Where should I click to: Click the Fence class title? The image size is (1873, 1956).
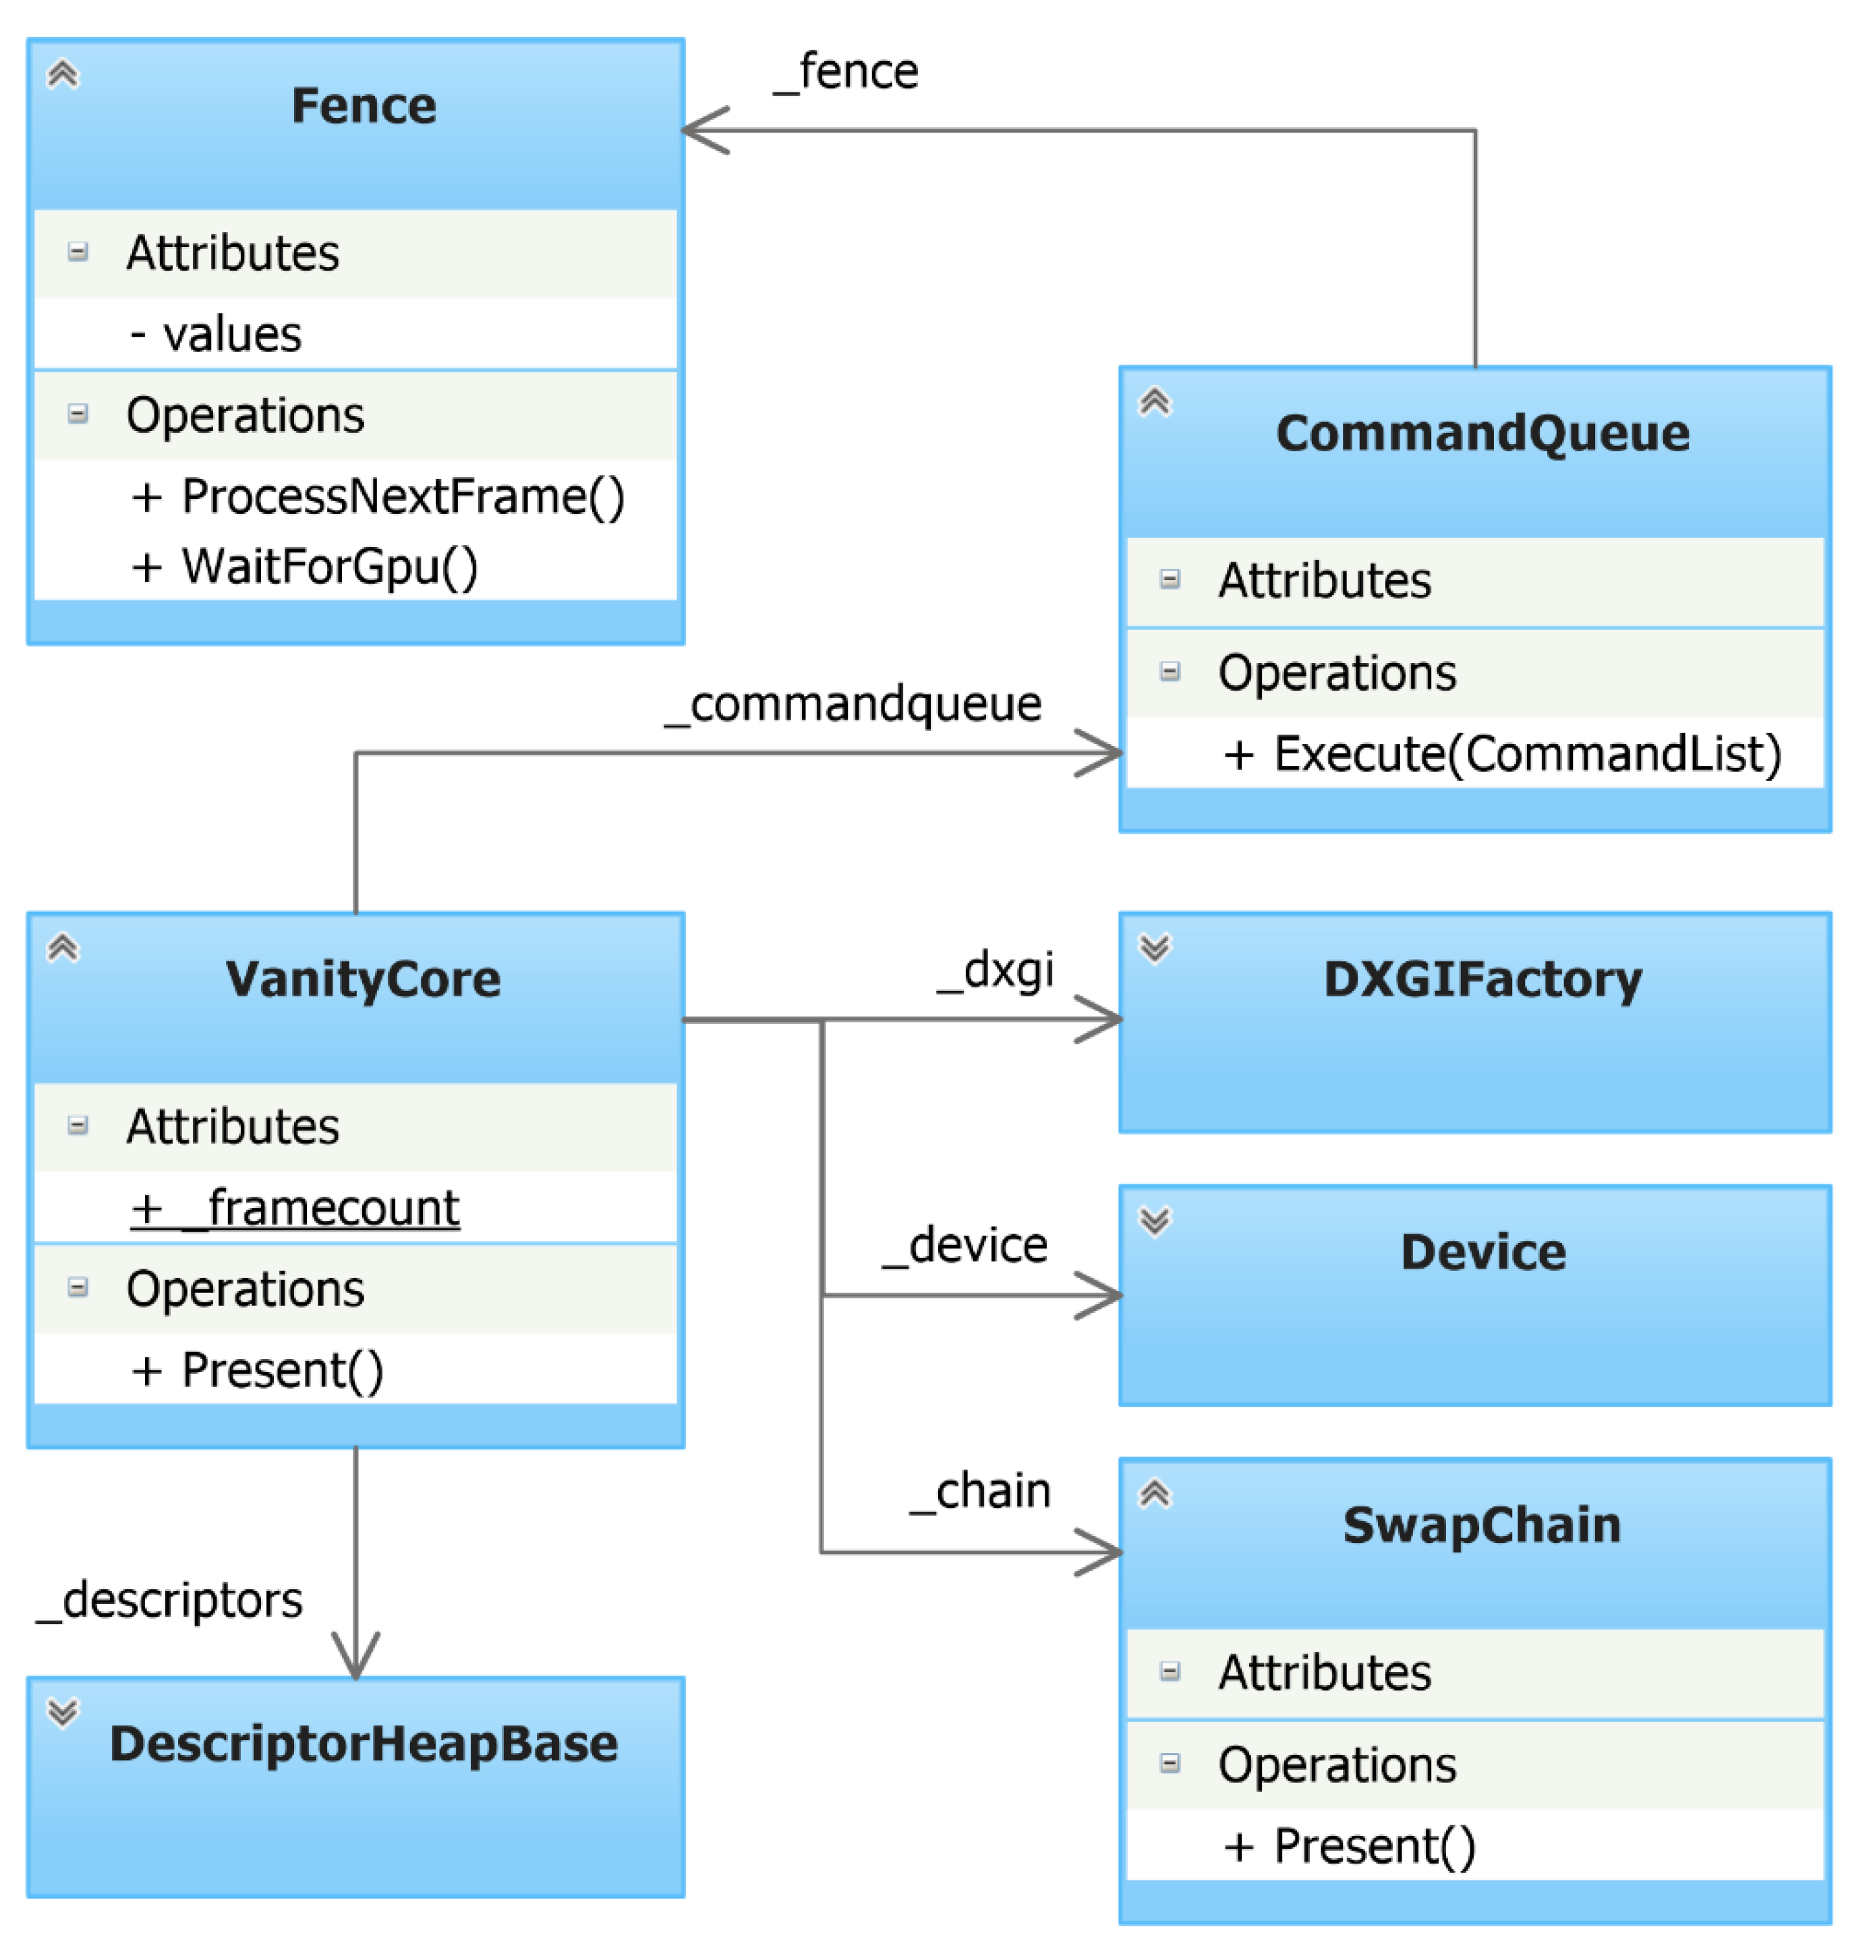(x=364, y=106)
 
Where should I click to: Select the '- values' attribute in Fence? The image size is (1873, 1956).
(x=216, y=335)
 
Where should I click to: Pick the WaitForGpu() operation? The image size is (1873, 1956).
(x=304, y=566)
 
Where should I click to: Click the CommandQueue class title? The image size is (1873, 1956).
(x=1482, y=433)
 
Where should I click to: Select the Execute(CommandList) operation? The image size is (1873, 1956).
(x=1502, y=753)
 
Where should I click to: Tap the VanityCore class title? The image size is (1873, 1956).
(x=364, y=979)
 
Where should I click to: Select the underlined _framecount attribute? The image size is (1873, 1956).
(x=295, y=1209)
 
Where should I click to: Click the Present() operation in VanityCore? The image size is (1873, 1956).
(x=258, y=1370)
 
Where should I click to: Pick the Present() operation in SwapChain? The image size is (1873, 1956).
(x=1349, y=1846)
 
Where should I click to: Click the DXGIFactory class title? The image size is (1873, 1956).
(x=1482, y=979)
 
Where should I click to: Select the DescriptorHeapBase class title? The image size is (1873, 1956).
(x=364, y=1744)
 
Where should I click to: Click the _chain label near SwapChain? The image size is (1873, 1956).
(x=981, y=1491)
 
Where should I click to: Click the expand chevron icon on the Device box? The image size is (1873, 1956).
(x=1155, y=1221)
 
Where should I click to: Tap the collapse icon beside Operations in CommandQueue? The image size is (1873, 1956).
(x=1170, y=672)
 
